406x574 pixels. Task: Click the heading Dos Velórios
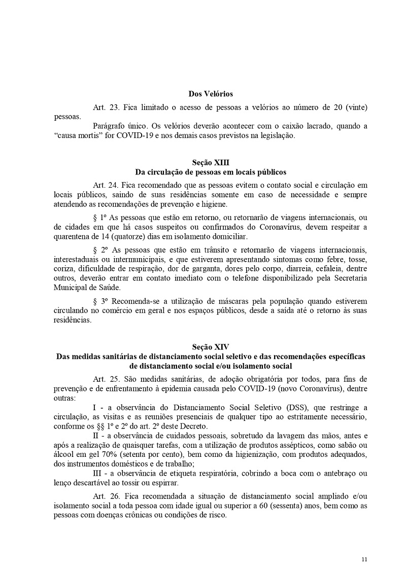(211, 94)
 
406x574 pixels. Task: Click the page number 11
(364, 559)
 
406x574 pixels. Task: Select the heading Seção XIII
(211, 162)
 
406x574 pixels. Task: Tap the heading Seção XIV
(211, 347)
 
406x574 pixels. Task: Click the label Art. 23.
(106, 107)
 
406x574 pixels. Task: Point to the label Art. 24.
(106, 185)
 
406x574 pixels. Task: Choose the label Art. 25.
(106, 379)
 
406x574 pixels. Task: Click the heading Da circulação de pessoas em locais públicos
(211, 171)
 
